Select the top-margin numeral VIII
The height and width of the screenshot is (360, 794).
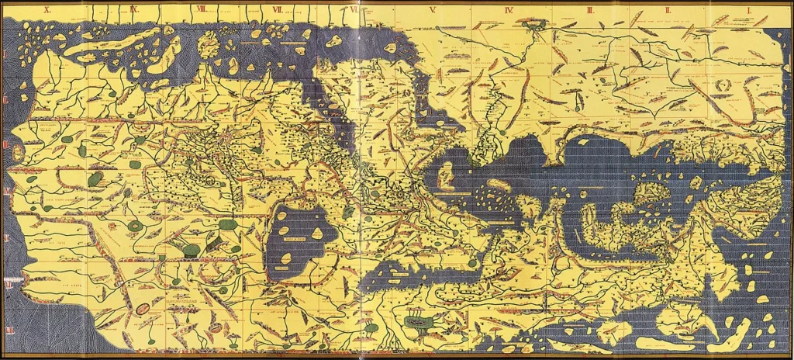[202, 10]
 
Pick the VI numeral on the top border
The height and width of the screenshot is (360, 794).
[354, 10]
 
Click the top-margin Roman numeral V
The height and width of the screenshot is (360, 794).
[433, 10]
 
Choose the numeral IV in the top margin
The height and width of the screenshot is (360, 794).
[509, 10]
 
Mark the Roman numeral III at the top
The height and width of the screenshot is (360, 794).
[591, 10]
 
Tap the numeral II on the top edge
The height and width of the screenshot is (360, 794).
[668, 10]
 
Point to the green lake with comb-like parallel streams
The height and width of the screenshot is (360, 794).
[416, 319]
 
